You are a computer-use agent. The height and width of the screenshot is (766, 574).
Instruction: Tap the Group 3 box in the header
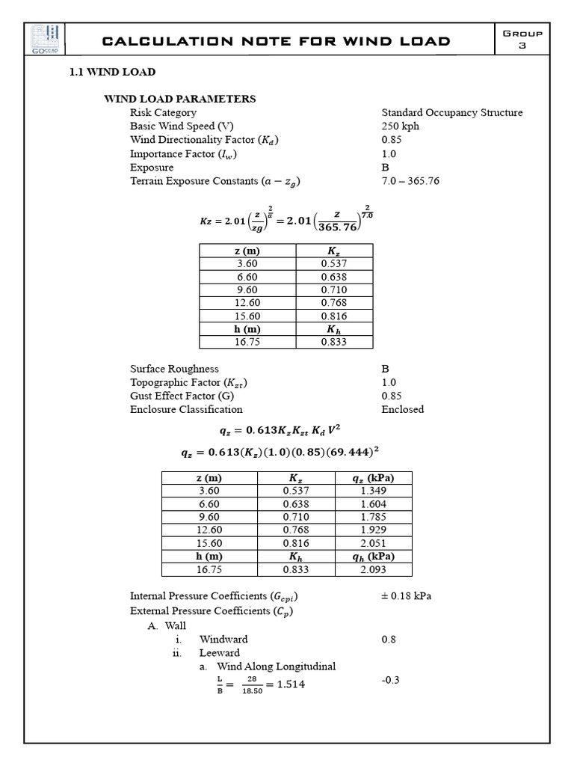point(523,40)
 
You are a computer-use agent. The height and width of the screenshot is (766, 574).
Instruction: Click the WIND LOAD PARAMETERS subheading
point(179,99)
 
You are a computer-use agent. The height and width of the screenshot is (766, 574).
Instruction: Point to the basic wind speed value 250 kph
point(400,126)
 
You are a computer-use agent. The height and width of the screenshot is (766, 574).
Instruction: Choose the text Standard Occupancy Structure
point(451,112)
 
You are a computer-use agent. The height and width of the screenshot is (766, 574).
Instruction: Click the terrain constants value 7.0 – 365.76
point(410,181)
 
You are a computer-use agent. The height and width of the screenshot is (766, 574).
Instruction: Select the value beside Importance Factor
point(389,153)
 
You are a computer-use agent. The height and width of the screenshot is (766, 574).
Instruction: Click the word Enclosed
point(402,409)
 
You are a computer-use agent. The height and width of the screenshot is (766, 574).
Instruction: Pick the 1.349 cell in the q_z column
point(373,491)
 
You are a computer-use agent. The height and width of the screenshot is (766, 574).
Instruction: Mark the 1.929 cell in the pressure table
point(373,530)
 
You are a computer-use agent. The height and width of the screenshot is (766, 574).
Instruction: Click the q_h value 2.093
point(373,569)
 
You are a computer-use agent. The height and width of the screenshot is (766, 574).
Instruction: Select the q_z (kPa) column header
point(373,478)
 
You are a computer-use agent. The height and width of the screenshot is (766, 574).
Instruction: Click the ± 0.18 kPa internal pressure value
point(406,596)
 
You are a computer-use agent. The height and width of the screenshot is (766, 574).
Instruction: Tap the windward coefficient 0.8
point(389,639)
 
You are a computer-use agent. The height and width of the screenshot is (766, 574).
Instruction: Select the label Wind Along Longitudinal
point(276,667)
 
